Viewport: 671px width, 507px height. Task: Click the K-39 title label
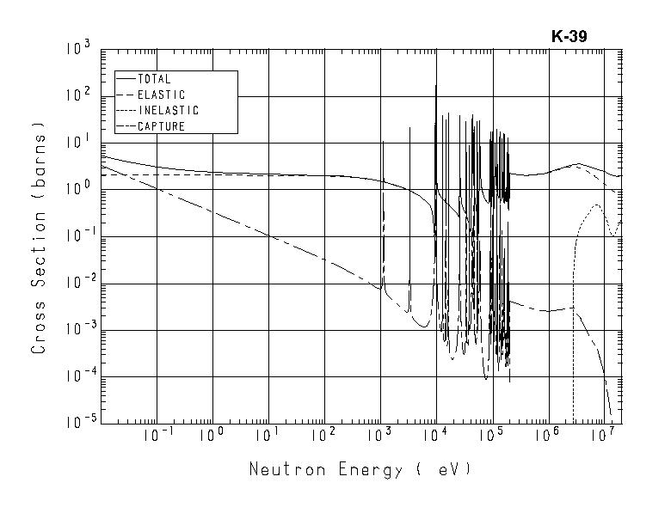click(569, 37)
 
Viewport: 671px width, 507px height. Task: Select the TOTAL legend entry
click(154, 79)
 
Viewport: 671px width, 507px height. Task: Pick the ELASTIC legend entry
click(161, 95)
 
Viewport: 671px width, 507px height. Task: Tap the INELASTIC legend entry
click(168, 110)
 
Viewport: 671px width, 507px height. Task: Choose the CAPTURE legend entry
click(161, 126)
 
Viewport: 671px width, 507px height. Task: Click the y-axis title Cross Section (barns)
click(39, 236)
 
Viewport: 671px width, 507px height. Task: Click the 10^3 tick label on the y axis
click(78, 49)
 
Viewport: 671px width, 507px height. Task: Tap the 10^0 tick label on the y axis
click(78, 189)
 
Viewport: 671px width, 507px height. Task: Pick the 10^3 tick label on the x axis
click(380, 435)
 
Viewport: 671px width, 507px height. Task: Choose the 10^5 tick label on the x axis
click(492, 435)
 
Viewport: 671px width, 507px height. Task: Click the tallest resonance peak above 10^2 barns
click(436, 85)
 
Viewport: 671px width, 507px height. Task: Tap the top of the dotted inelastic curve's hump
click(595, 205)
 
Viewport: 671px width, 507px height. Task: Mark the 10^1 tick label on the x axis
click(269, 435)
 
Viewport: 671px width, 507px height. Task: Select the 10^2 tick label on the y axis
click(78, 95)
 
